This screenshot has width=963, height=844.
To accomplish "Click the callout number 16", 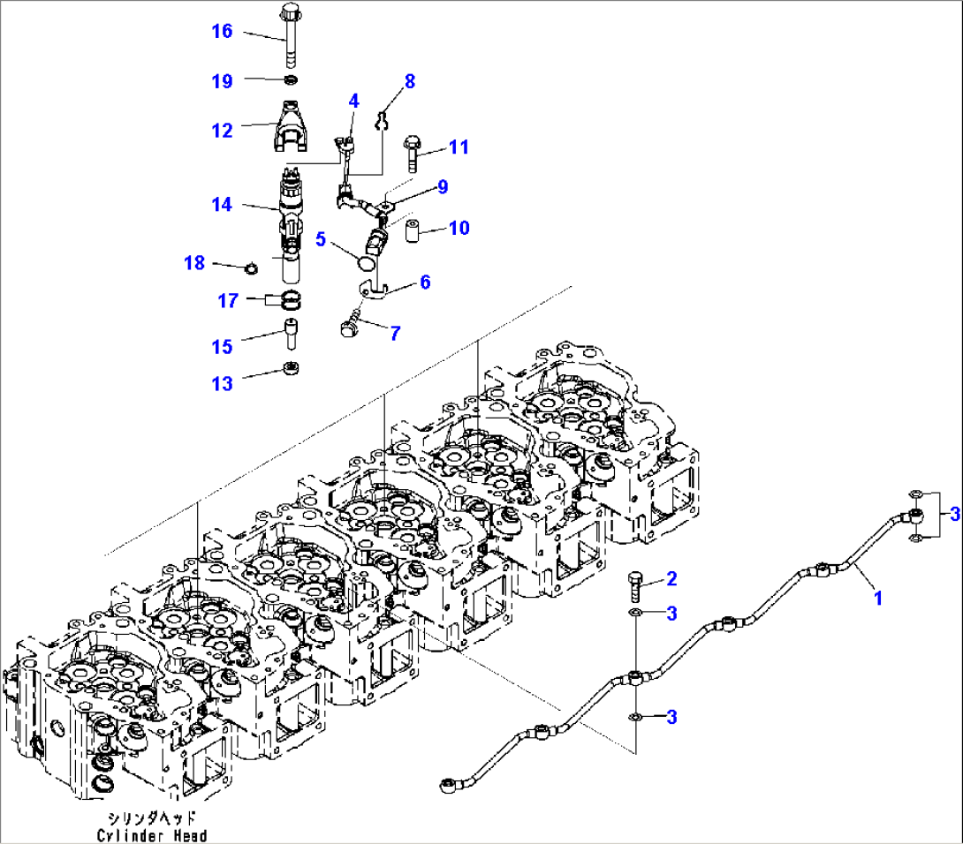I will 221,32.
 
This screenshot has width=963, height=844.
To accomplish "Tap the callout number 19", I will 221,81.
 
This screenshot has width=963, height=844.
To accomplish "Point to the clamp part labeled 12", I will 291,129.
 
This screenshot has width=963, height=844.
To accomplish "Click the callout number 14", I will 221,205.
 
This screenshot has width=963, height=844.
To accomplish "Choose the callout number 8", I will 409,81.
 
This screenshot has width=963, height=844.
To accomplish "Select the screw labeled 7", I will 349,324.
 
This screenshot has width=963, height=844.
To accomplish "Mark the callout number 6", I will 425,282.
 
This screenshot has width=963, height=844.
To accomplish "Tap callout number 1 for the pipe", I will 877,599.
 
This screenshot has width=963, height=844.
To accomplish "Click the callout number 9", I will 442,187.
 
